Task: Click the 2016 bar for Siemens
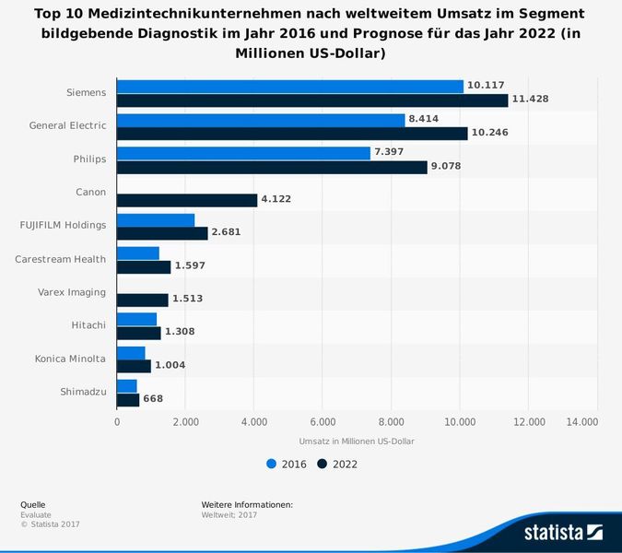[x=290, y=87]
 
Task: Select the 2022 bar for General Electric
[x=292, y=133]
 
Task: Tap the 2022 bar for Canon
[x=187, y=200]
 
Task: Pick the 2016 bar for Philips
[x=243, y=153]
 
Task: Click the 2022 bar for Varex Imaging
[x=143, y=300]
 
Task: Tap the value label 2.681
[x=226, y=232]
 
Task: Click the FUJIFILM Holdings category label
[x=63, y=225]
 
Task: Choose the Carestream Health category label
[x=60, y=259]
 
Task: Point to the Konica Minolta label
[x=70, y=359]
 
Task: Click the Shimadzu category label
[x=83, y=392]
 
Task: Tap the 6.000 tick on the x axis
[x=323, y=422]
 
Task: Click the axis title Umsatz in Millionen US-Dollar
[x=357, y=441]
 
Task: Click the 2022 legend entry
[x=337, y=465]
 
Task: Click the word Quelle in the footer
[x=32, y=504]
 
